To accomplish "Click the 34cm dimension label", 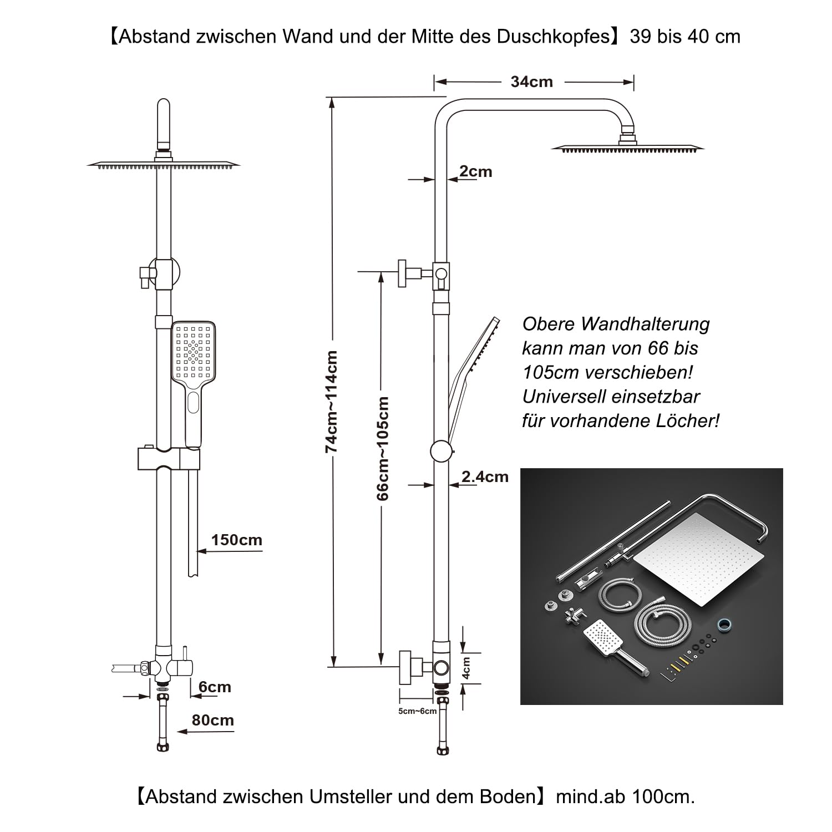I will click(531, 82).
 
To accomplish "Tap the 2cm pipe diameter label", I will click(475, 172).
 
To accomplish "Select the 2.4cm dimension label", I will click(485, 477).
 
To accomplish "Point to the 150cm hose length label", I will click(236, 540).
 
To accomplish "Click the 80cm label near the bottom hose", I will click(212, 721).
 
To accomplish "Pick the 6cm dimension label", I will click(215, 687).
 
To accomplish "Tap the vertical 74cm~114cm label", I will click(332, 402).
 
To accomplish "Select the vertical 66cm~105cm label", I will click(383, 448).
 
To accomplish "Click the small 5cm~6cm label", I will click(417, 711).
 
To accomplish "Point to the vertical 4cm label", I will click(466, 668).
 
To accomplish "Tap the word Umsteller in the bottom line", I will click(351, 797).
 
